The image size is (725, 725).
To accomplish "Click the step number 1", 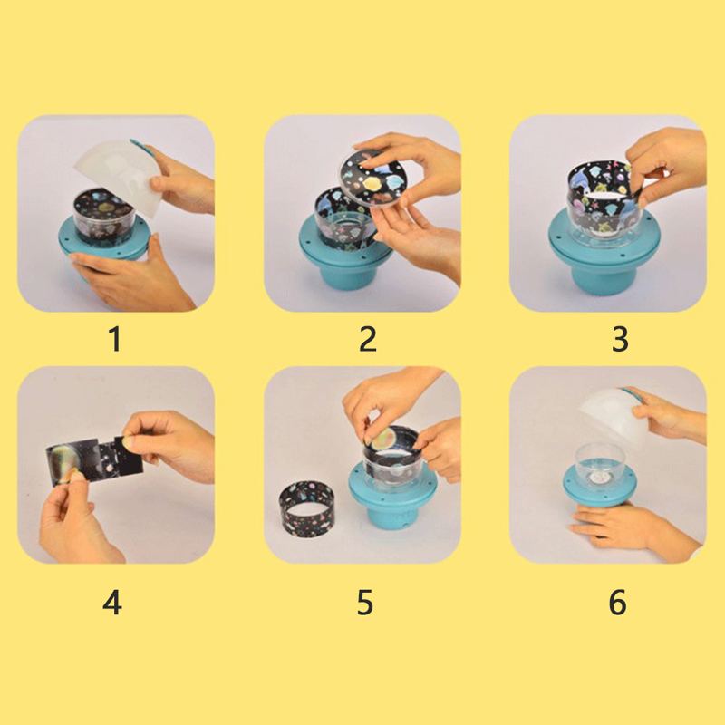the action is pos(115,339).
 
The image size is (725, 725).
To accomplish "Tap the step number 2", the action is pos(368,339).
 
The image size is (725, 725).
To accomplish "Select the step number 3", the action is pos(620,339).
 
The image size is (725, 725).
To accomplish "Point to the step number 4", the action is pos(112,603).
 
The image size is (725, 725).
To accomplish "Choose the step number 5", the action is pos(365,603).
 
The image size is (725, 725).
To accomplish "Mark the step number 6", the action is pos(618,603).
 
